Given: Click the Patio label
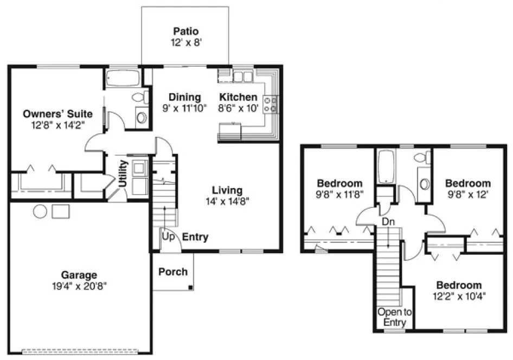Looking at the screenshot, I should coord(184,30).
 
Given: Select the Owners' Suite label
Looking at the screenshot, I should coord(57,114).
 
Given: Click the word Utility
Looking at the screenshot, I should coord(123,173).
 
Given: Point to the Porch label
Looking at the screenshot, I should coord(172,272).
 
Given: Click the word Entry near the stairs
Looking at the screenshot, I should coord(195,237).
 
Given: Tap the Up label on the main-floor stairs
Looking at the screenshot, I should coord(169,237).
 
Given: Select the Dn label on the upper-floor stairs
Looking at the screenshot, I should coord(388,221).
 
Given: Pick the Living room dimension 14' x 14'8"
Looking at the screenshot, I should coord(227,201).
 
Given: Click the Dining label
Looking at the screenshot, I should coord(184,97).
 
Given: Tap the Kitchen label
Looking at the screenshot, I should coord(238,97).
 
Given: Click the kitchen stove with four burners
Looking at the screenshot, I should coord(270,104).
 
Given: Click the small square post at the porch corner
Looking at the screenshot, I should coord(190,287).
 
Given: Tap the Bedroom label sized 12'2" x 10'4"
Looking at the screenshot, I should coord(459,285).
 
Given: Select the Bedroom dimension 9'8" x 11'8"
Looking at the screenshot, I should coord(339,194).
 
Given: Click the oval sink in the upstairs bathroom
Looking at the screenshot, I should coord(424,183).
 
